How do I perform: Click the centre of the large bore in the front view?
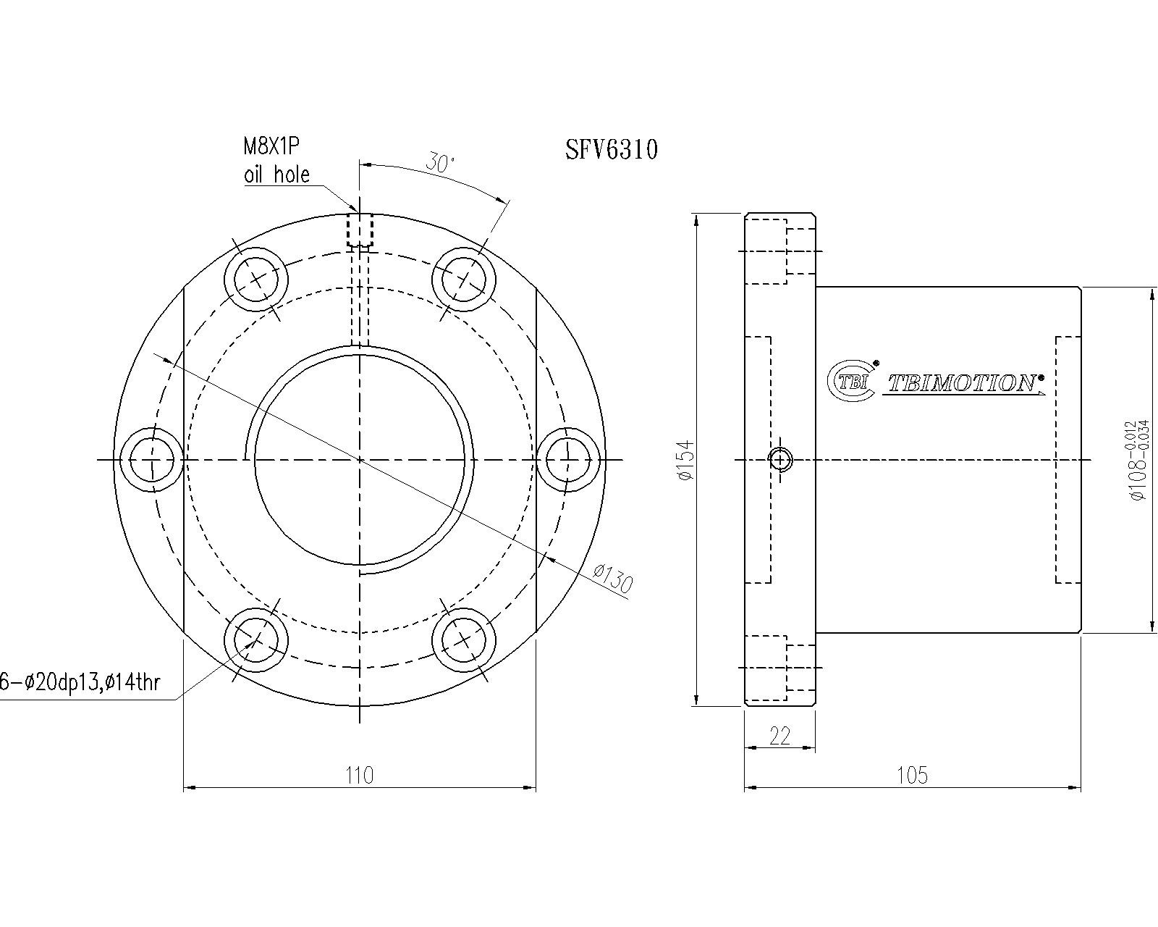pos(359,459)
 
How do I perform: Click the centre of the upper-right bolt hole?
pos(463,280)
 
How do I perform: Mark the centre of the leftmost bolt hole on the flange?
pos(151,460)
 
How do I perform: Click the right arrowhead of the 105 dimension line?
pos(1076,788)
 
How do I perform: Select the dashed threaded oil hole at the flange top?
pos(360,230)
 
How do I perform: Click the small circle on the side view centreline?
pos(781,460)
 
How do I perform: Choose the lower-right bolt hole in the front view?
pos(463,640)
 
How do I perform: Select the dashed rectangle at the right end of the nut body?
pos(1068,459)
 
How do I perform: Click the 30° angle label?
pos(440,163)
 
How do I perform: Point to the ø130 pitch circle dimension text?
pos(612,579)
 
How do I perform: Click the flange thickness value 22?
pos(779,736)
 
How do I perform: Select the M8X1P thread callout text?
pos(271,146)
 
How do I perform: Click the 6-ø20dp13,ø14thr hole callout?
pos(80,683)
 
